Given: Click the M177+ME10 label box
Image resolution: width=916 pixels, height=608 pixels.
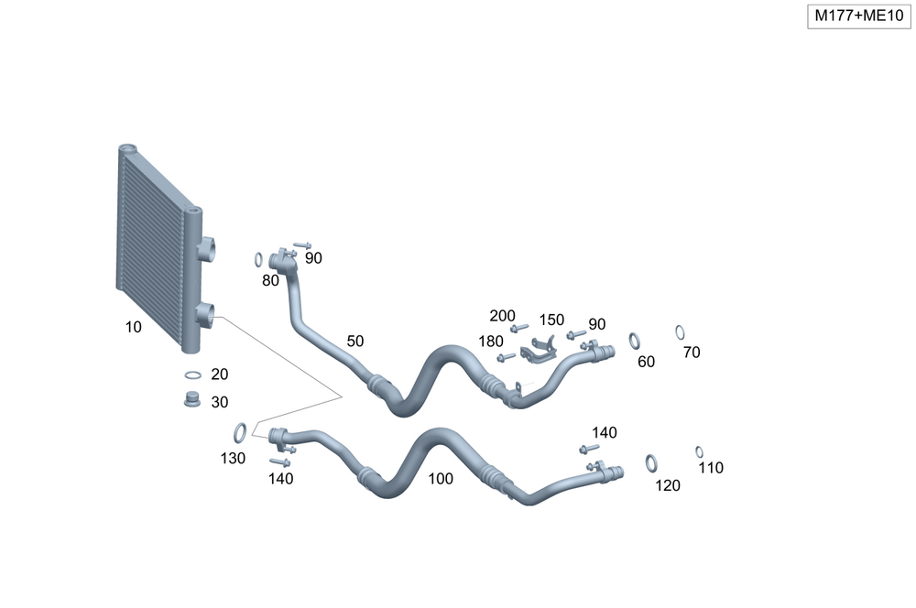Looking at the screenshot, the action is coord(859,16).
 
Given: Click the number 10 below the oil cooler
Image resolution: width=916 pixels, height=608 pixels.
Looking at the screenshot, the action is coord(133,327).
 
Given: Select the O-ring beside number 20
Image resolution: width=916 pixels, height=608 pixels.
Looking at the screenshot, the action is coord(192,375).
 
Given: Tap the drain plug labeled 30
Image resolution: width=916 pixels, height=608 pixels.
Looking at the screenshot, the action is coord(191,400).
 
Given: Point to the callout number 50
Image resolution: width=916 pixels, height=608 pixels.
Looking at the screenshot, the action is coord(355,342).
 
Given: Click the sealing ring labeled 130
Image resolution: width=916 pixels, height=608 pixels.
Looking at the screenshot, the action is coord(240,432).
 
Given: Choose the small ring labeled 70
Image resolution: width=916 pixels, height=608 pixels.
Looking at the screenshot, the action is coord(680,332).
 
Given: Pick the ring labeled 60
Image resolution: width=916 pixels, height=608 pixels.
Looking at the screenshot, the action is coord(635,341).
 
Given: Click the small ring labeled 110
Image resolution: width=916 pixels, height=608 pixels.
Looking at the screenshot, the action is coord(699,452).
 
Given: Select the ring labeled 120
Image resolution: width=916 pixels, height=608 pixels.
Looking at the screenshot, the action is coord(650,463).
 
